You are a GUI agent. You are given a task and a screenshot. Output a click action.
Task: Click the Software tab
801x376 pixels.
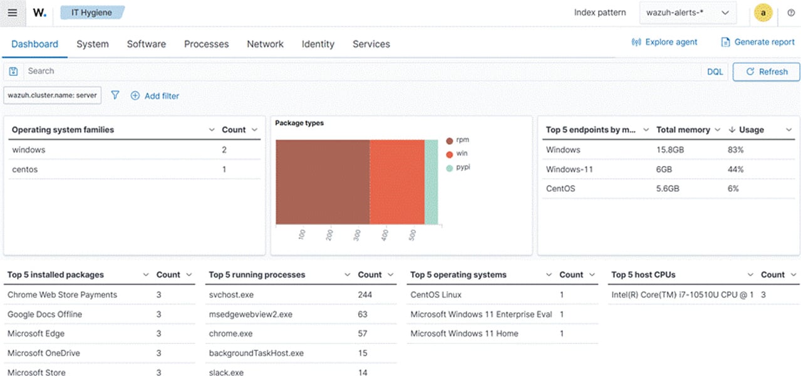(x=146, y=44)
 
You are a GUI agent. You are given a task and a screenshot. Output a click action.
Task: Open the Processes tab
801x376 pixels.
(x=206, y=44)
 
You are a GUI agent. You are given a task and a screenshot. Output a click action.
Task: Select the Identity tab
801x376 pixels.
(x=318, y=44)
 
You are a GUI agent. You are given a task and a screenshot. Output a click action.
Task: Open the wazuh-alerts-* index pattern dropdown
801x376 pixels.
(x=688, y=13)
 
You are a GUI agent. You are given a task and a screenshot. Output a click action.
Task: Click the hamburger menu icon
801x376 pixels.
(x=13, y=13)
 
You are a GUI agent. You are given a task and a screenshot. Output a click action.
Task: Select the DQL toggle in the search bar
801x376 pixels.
(x=715, y=71)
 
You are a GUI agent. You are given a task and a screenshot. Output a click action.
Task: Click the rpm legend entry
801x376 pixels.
(x=462, y=140)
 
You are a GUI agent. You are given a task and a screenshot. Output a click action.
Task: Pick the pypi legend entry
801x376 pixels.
(x=462, y=168)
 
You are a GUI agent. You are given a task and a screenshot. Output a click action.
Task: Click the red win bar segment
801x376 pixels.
(x=396, y=182)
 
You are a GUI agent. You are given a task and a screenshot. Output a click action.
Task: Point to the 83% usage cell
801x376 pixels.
(x=735, y=150)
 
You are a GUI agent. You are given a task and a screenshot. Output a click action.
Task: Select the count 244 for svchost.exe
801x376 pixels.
(x=364, y=295)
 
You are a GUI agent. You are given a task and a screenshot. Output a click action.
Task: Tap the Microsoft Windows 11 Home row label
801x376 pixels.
(x=464, y=333)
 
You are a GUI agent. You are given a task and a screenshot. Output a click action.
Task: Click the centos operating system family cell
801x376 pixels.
(x=25, y=169)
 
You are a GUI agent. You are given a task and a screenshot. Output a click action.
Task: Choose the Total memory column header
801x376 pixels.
(x=683, y=130)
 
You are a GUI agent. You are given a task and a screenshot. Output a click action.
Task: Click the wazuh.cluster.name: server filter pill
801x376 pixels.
(x=52, y=95)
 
